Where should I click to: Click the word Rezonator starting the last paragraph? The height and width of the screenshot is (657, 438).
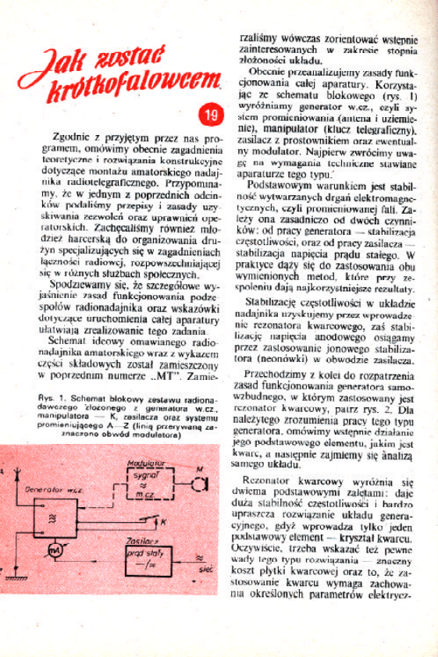[270, 480]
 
